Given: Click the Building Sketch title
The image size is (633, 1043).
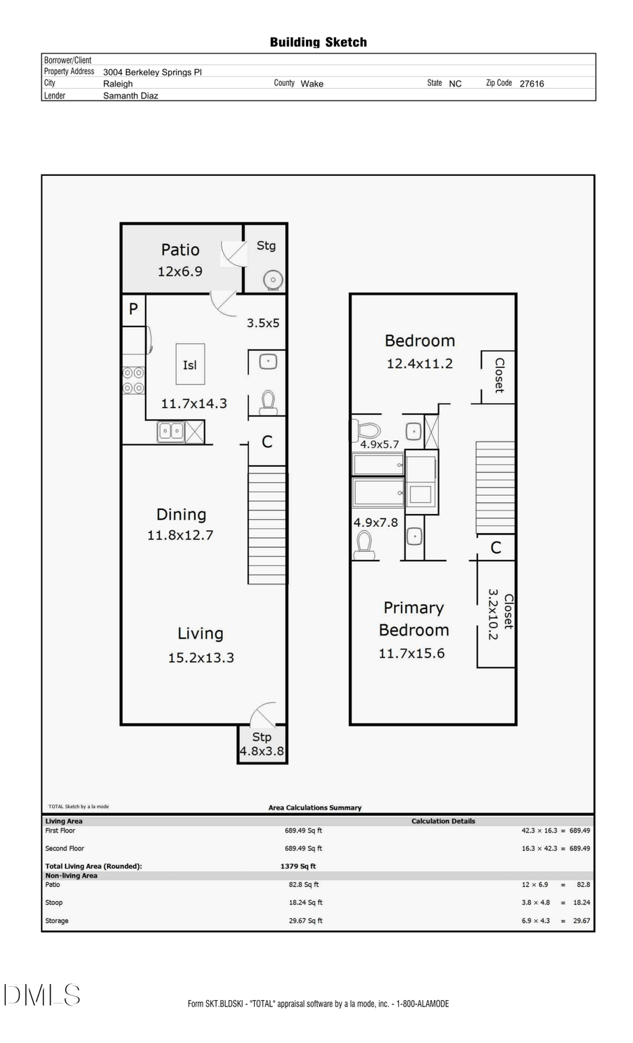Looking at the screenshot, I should point(318,42).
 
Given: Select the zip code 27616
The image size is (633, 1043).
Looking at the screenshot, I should point(532,84).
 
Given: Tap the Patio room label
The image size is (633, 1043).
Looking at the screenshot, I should point(180,250).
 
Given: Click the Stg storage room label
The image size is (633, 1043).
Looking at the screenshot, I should point(266,245).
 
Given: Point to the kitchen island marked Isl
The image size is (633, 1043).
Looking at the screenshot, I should point(190,364).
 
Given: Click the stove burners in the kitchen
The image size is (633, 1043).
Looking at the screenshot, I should point(134,380).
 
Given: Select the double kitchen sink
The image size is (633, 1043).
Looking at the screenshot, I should point(170,430).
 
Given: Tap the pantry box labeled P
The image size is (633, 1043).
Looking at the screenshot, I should point(133,309).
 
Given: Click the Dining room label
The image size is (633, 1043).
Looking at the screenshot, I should point(181,514).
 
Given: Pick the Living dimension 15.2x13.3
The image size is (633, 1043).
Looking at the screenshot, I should point(200,658).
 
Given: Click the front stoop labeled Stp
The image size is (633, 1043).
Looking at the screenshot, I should point(262,737).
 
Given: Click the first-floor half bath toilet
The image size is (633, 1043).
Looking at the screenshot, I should point(267,403).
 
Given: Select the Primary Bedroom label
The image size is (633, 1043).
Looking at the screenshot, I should point(414,619).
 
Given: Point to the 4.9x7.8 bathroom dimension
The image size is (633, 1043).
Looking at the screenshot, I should point(376,523).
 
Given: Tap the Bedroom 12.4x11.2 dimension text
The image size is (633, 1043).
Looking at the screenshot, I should point(419,364).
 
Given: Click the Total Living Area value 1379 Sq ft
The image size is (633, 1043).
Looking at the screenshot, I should point(298,866).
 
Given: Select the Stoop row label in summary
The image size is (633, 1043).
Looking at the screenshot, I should point(54,902).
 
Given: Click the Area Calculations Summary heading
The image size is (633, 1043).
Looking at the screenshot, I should point(315,808).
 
